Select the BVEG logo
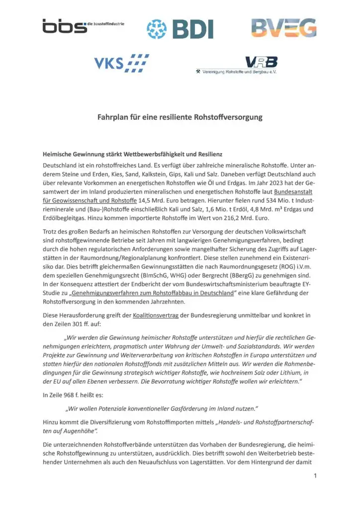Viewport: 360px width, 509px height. pos(283,28)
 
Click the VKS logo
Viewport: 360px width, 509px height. pos(121,63)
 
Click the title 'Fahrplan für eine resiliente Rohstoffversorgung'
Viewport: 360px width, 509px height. pos(180,118)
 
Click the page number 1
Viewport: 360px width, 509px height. pos(315,476)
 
